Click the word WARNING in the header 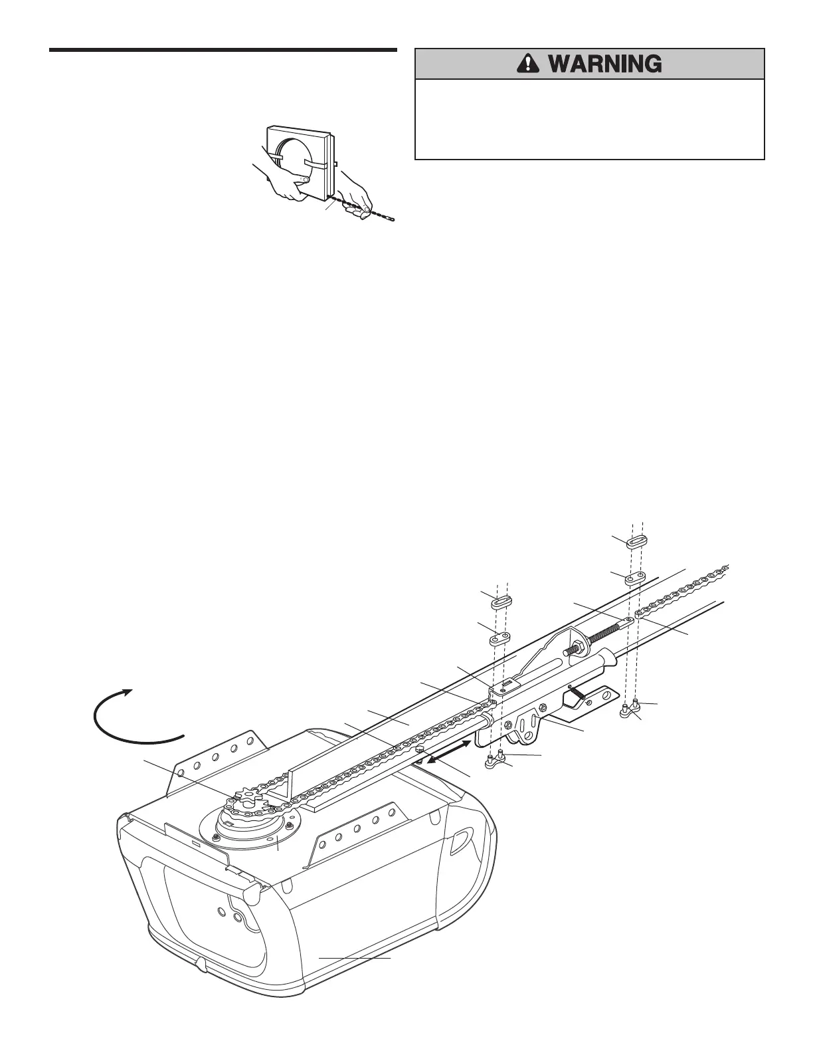604,64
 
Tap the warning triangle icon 527,64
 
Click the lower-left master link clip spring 502,602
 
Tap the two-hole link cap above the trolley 501,639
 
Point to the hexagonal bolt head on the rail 419,749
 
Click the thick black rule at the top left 223,50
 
